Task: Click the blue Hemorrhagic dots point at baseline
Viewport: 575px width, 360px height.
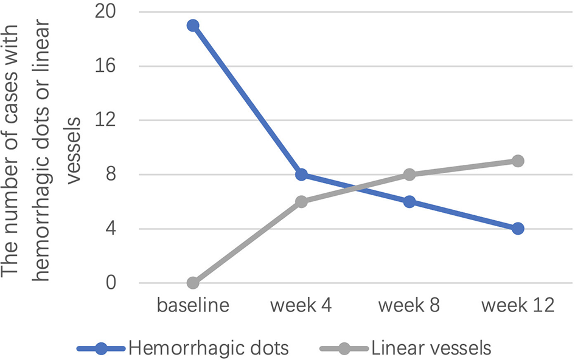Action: point(193,26)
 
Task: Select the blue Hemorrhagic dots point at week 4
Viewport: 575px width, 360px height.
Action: point(301,175)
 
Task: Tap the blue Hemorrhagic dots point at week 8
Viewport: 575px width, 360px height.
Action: point(409,202)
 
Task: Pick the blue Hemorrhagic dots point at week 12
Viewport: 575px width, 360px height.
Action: point(518,229)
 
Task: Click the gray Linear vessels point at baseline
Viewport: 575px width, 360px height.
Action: point(193,283)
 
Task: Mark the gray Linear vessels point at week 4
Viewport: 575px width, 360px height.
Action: point(301,202)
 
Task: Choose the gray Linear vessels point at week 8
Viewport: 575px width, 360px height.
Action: point(409,175)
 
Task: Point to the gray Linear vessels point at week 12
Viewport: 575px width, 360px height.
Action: point(518,161)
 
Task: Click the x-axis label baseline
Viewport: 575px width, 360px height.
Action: point(193,305)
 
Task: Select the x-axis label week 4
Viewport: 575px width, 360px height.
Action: point(301,305)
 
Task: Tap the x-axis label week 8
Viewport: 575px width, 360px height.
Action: point(409,305)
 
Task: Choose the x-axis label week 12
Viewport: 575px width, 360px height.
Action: point(518,305)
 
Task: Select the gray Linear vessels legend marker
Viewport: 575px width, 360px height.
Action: point(344,348)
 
